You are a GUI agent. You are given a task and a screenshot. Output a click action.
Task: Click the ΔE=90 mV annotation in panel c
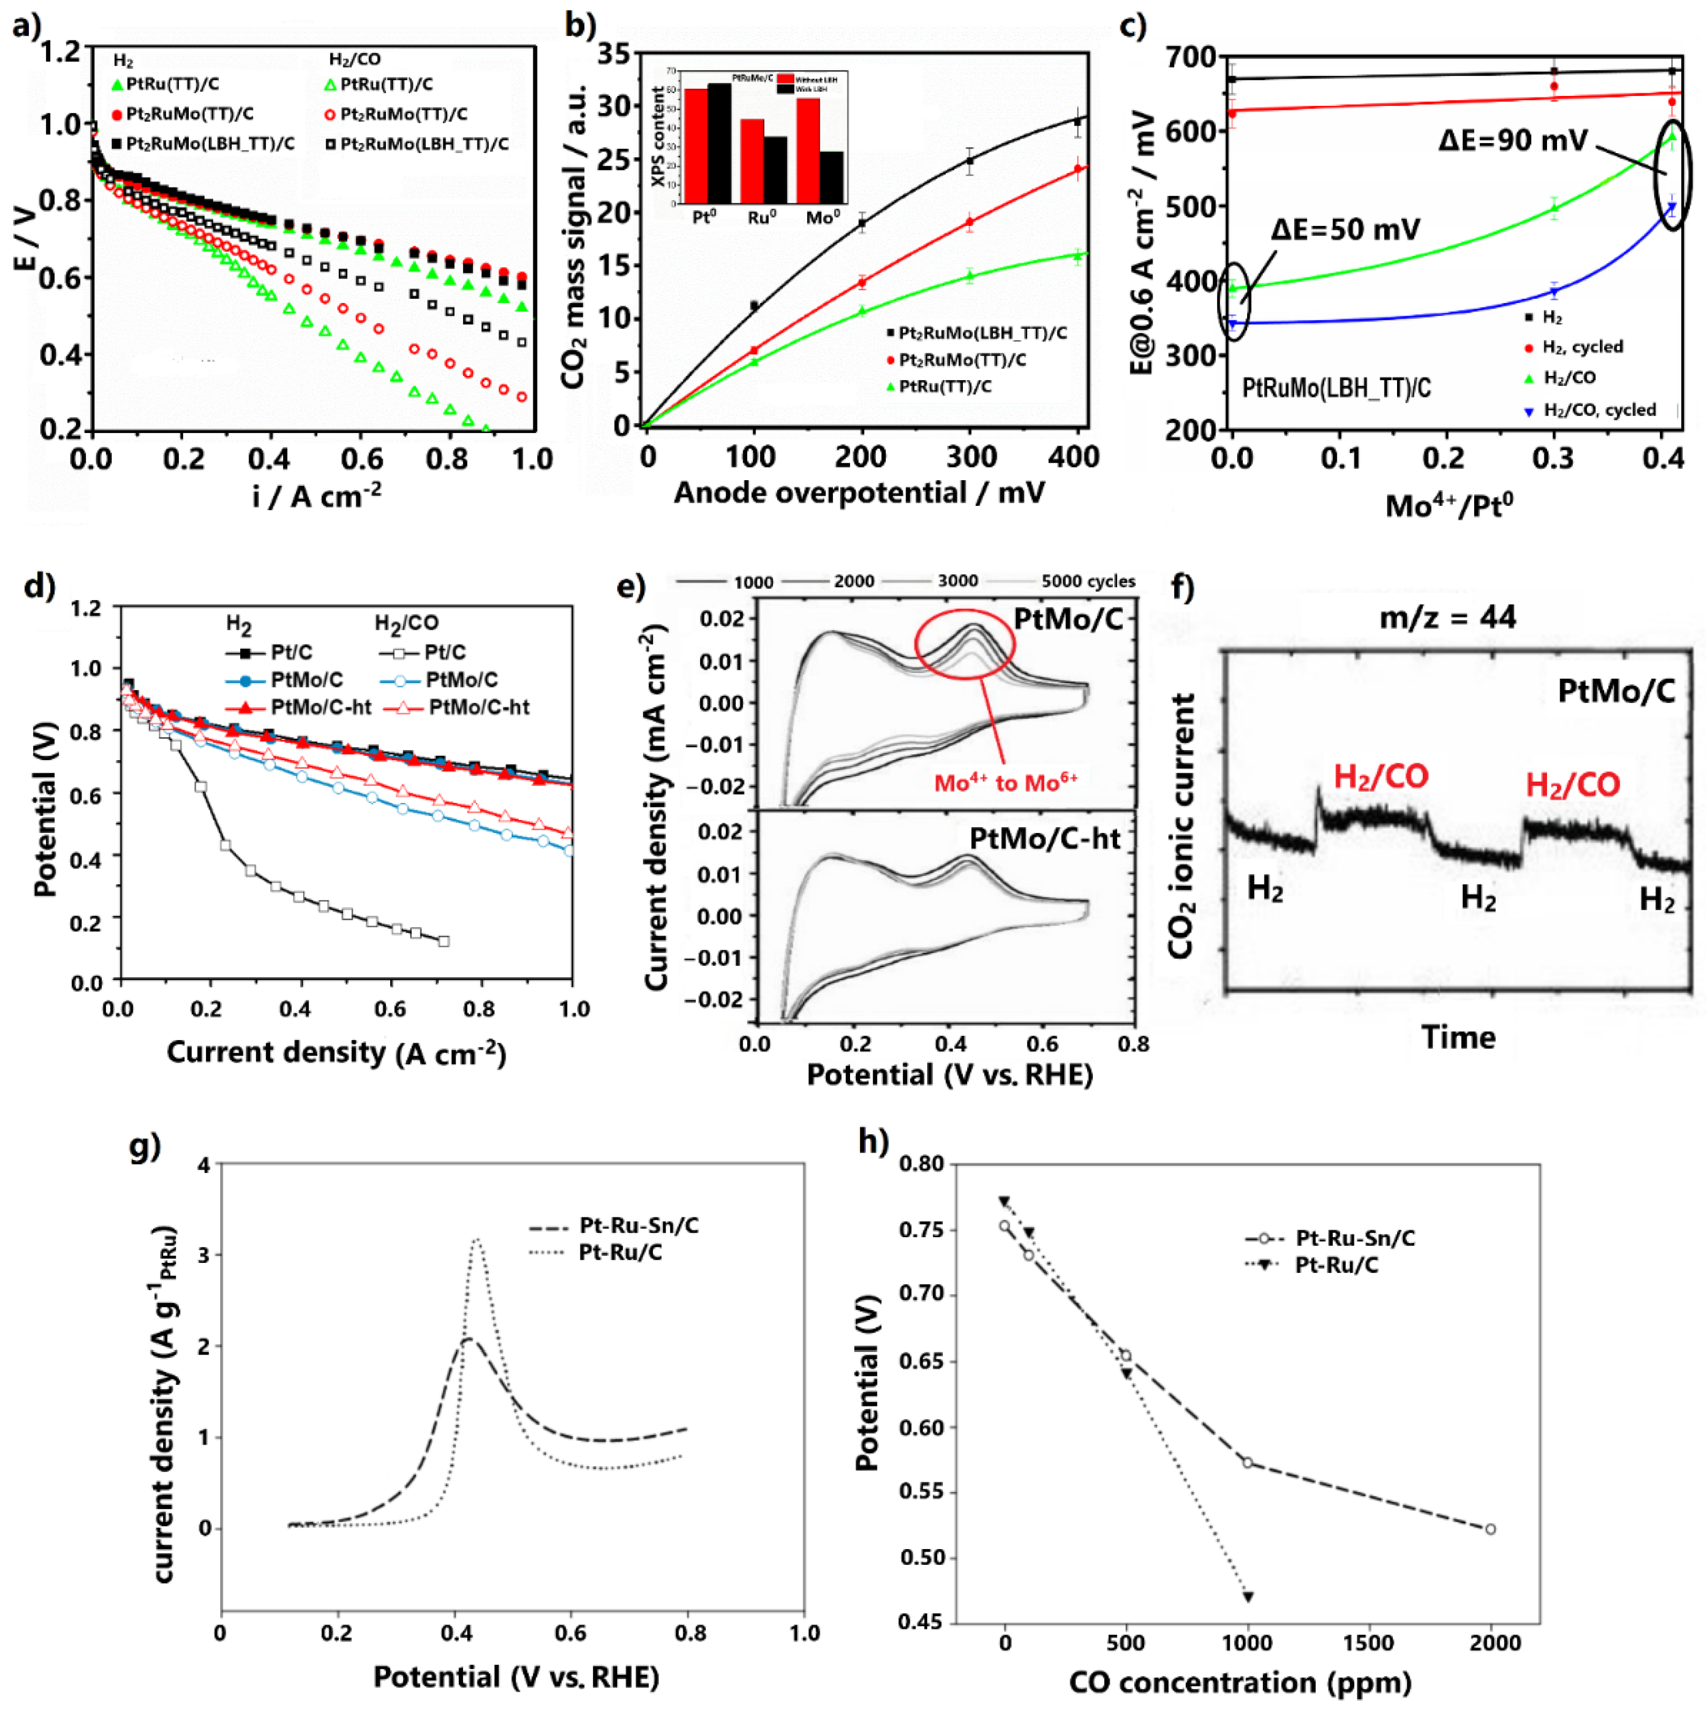tap(1512, 140)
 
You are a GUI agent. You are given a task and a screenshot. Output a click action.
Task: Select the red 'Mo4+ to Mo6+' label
tap(1006, 783)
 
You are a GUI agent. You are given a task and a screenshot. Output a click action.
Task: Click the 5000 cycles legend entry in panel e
tap(1087, 581)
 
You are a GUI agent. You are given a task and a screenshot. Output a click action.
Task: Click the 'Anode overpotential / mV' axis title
tap(859, 493)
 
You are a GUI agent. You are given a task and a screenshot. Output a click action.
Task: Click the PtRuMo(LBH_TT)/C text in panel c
tap(1336, 388)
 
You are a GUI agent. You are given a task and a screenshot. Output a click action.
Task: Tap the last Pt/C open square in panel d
tap(444, 941)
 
